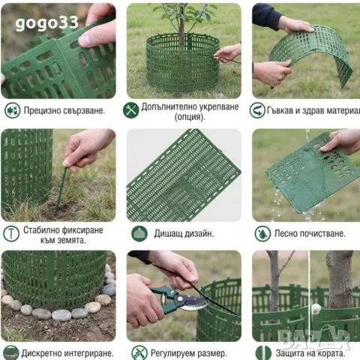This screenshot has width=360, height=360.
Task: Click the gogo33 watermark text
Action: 46,23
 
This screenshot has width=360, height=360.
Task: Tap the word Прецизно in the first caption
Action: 41,110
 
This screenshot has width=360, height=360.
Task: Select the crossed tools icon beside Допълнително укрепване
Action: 130,110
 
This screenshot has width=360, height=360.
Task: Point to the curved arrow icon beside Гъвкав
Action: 257,110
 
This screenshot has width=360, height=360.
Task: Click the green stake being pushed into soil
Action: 61,191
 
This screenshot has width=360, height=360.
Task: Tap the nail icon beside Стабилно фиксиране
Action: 11,234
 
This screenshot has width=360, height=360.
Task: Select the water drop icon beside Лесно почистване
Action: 262,233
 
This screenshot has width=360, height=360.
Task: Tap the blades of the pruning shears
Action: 193,303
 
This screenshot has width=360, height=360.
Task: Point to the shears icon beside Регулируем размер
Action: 139,352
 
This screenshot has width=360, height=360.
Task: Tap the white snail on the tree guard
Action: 316,308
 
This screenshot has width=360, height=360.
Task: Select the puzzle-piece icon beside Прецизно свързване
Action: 12,110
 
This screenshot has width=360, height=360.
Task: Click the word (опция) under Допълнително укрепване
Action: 190,117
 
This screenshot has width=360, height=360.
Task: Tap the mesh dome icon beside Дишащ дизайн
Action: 139,233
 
